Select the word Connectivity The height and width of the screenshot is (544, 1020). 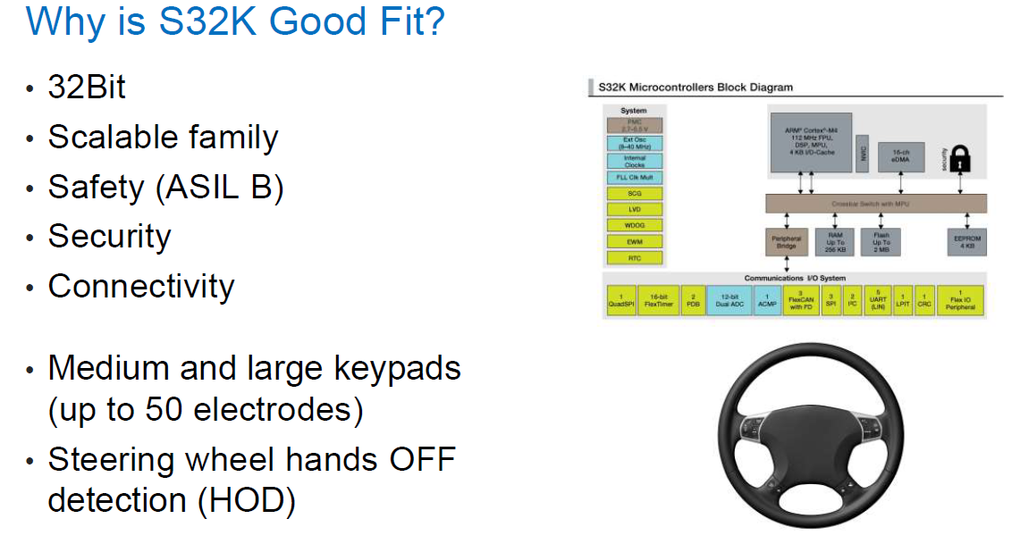140,287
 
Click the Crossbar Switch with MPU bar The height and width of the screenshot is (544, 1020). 875,204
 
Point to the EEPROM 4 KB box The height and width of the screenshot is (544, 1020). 966,242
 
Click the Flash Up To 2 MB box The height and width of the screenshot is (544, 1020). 881,242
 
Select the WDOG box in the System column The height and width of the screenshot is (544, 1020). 634,225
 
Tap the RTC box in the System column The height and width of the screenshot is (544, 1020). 634,258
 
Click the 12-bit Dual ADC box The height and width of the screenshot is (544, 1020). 729,300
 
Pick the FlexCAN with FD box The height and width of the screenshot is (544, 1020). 802,300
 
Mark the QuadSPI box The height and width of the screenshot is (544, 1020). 620,300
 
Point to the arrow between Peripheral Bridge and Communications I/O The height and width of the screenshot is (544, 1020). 787,264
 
